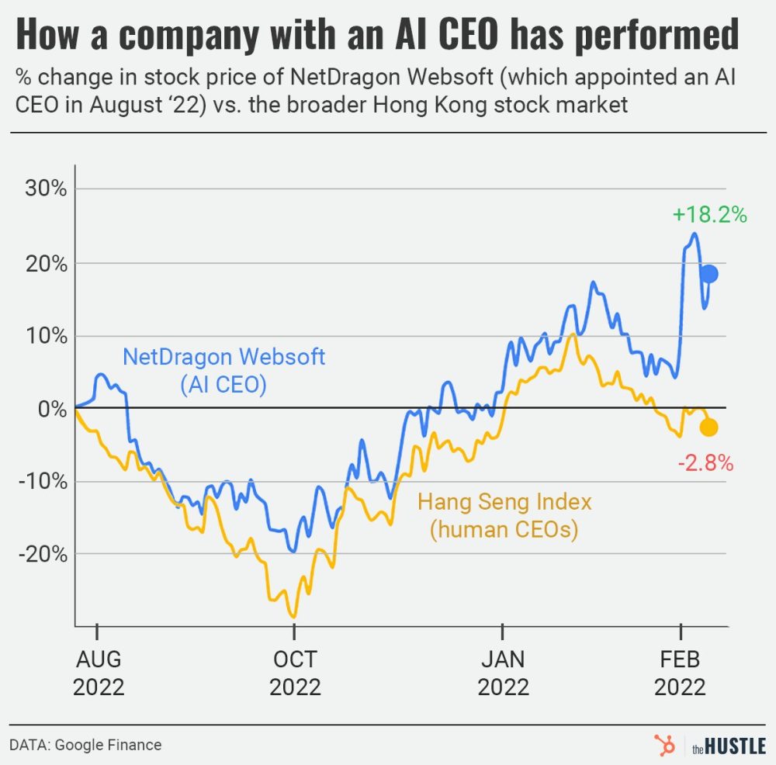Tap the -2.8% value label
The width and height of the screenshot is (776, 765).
(x=705, y=464)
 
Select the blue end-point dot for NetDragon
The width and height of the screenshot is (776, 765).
(x=708, y=274)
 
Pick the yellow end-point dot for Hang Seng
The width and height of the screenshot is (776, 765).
(x=708, y=427)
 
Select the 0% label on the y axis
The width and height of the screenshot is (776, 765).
(x=52, y=409)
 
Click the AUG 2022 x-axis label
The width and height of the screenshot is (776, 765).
(x=99, y=673)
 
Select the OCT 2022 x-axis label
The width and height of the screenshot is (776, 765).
(x=295, y=673)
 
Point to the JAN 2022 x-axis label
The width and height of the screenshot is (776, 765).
(x=503, y=673)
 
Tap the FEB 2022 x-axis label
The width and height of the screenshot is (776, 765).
(x=680, y=673)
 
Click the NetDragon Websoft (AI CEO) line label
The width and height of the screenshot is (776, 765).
(x=224, y=370)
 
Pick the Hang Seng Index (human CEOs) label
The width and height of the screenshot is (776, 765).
(x=504, y=516)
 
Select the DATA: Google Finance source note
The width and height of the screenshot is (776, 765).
(x=86, y=745)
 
